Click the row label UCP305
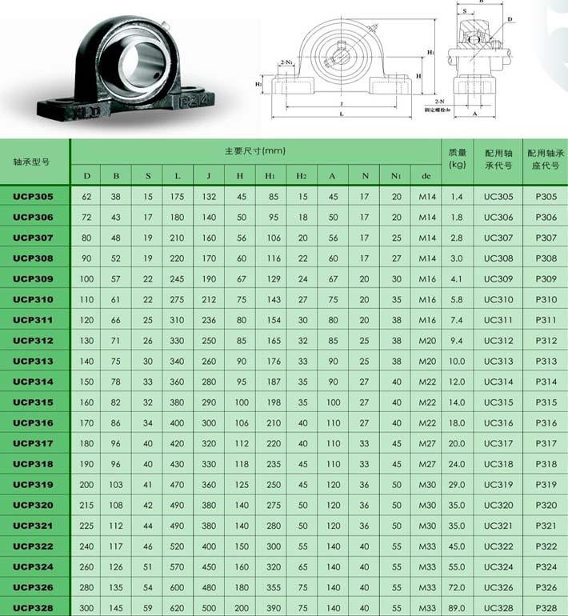pyautogui.click(x=34, y=196)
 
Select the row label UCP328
pyautogui.click(x=34, y=608)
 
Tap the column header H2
pyautogui.click(x=302, y=175)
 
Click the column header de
pyautogui.click(x=427, y=175)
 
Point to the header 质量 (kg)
pyautogui.click(x=458, y=158)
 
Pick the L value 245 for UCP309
pyautogui.click(x=177, y=278)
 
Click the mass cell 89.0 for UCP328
pyautogui.click(x=457, y=608)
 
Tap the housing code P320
pyautogui.click(x=546, y=505)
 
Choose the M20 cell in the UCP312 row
pyautogui.click(x=427, y=340)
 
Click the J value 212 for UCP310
pyautogui.click(x=209, y=299)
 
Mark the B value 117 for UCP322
pyautogui.click(x=116, y=546)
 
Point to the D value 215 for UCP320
pyautogui.click(x=86, y=505)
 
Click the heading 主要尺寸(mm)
pyautogui.click(x=254, y=150)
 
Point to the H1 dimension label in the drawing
pyautogui.click(x=430, y=52)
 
